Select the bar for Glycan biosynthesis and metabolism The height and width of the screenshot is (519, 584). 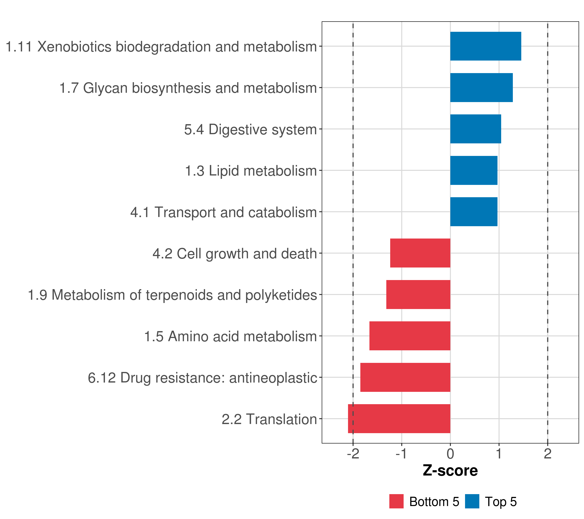(481, 88)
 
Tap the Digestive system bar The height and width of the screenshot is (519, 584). (475, 129)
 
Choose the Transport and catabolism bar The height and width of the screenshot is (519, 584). (474, 212)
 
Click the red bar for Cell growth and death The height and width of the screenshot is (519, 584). (420, 253)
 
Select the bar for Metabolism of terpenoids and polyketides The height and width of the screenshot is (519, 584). (418, 295)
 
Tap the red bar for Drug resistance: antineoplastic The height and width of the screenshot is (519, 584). (405, 377)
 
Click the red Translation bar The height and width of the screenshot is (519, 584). (399, 419)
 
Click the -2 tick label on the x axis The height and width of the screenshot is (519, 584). (353, 454)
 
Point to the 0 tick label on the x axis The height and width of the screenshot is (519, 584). (450, 454)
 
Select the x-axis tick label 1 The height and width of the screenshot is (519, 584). (499, 454)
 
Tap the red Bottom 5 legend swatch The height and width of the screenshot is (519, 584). (396, 501)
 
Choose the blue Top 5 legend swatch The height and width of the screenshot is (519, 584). (472, 501)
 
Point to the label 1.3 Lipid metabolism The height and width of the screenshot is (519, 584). (251, 171)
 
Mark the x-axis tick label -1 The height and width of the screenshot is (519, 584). (402, 454)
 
